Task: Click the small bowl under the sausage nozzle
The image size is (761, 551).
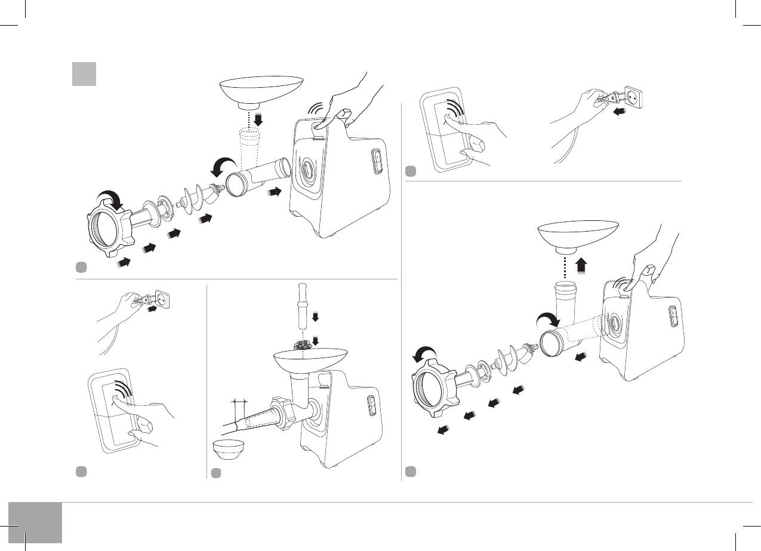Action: [229, 450]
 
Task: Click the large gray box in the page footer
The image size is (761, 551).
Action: [35, 522]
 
